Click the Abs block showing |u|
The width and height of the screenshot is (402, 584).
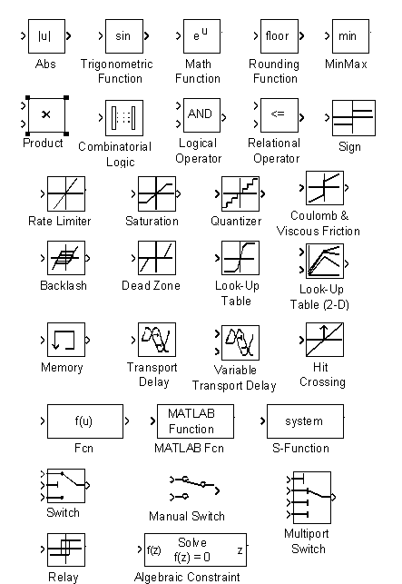46,36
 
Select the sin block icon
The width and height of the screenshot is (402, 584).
124,36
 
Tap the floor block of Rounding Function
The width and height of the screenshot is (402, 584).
279,36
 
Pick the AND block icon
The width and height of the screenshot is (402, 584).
201,115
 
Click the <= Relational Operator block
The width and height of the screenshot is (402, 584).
279,115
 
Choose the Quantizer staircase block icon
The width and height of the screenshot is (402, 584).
240,193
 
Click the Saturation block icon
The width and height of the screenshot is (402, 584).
157,193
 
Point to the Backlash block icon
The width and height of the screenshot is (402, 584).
66,258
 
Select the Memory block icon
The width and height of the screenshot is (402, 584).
66,340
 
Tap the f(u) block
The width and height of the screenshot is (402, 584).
85,421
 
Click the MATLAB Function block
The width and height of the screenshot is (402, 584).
195,421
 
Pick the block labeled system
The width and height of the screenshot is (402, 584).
305,421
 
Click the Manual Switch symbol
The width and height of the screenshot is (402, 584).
194,488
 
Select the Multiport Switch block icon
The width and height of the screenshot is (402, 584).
312,498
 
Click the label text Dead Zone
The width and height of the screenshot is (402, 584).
151,286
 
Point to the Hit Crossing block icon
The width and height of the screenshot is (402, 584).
325,340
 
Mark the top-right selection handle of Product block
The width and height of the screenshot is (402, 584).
66,97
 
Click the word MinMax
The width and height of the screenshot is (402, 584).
346,64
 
